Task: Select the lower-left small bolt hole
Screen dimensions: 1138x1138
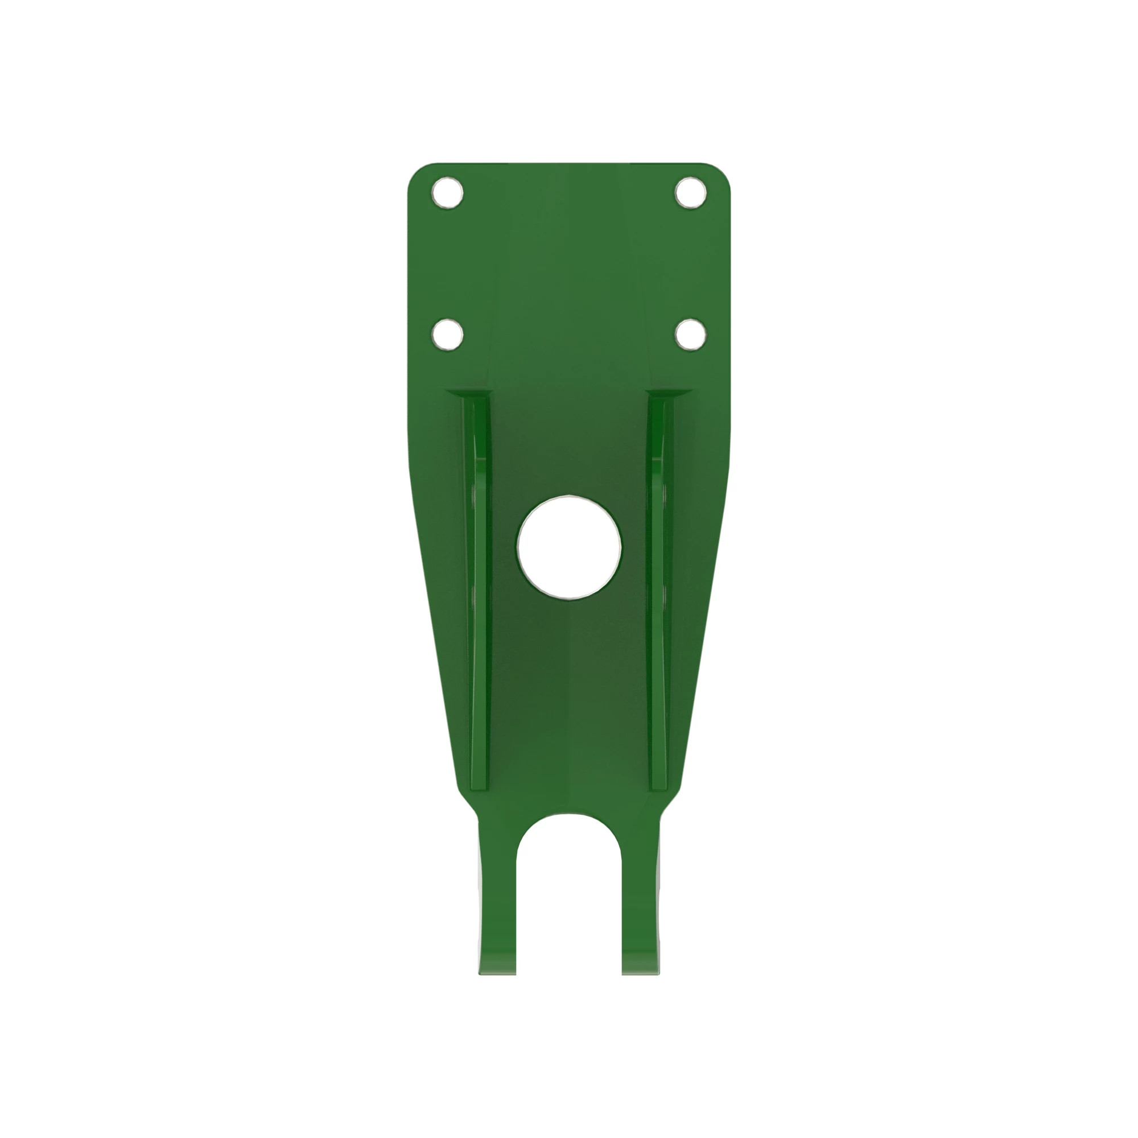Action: point(447,335)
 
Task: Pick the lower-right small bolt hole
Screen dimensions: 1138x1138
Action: point(690,335)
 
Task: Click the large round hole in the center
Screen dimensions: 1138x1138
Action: point(569,547)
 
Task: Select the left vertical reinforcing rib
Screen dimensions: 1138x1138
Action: point(479,589)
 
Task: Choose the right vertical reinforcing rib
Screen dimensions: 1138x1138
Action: point(658,589)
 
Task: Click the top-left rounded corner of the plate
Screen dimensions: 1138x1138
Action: point(416,172)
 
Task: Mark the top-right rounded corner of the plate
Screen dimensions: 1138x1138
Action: point(722,172)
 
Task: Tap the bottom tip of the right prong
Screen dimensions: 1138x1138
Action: point(640,971)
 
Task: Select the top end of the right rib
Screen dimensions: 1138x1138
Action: point(661,401)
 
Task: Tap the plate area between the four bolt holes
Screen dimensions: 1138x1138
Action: point(569,263)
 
